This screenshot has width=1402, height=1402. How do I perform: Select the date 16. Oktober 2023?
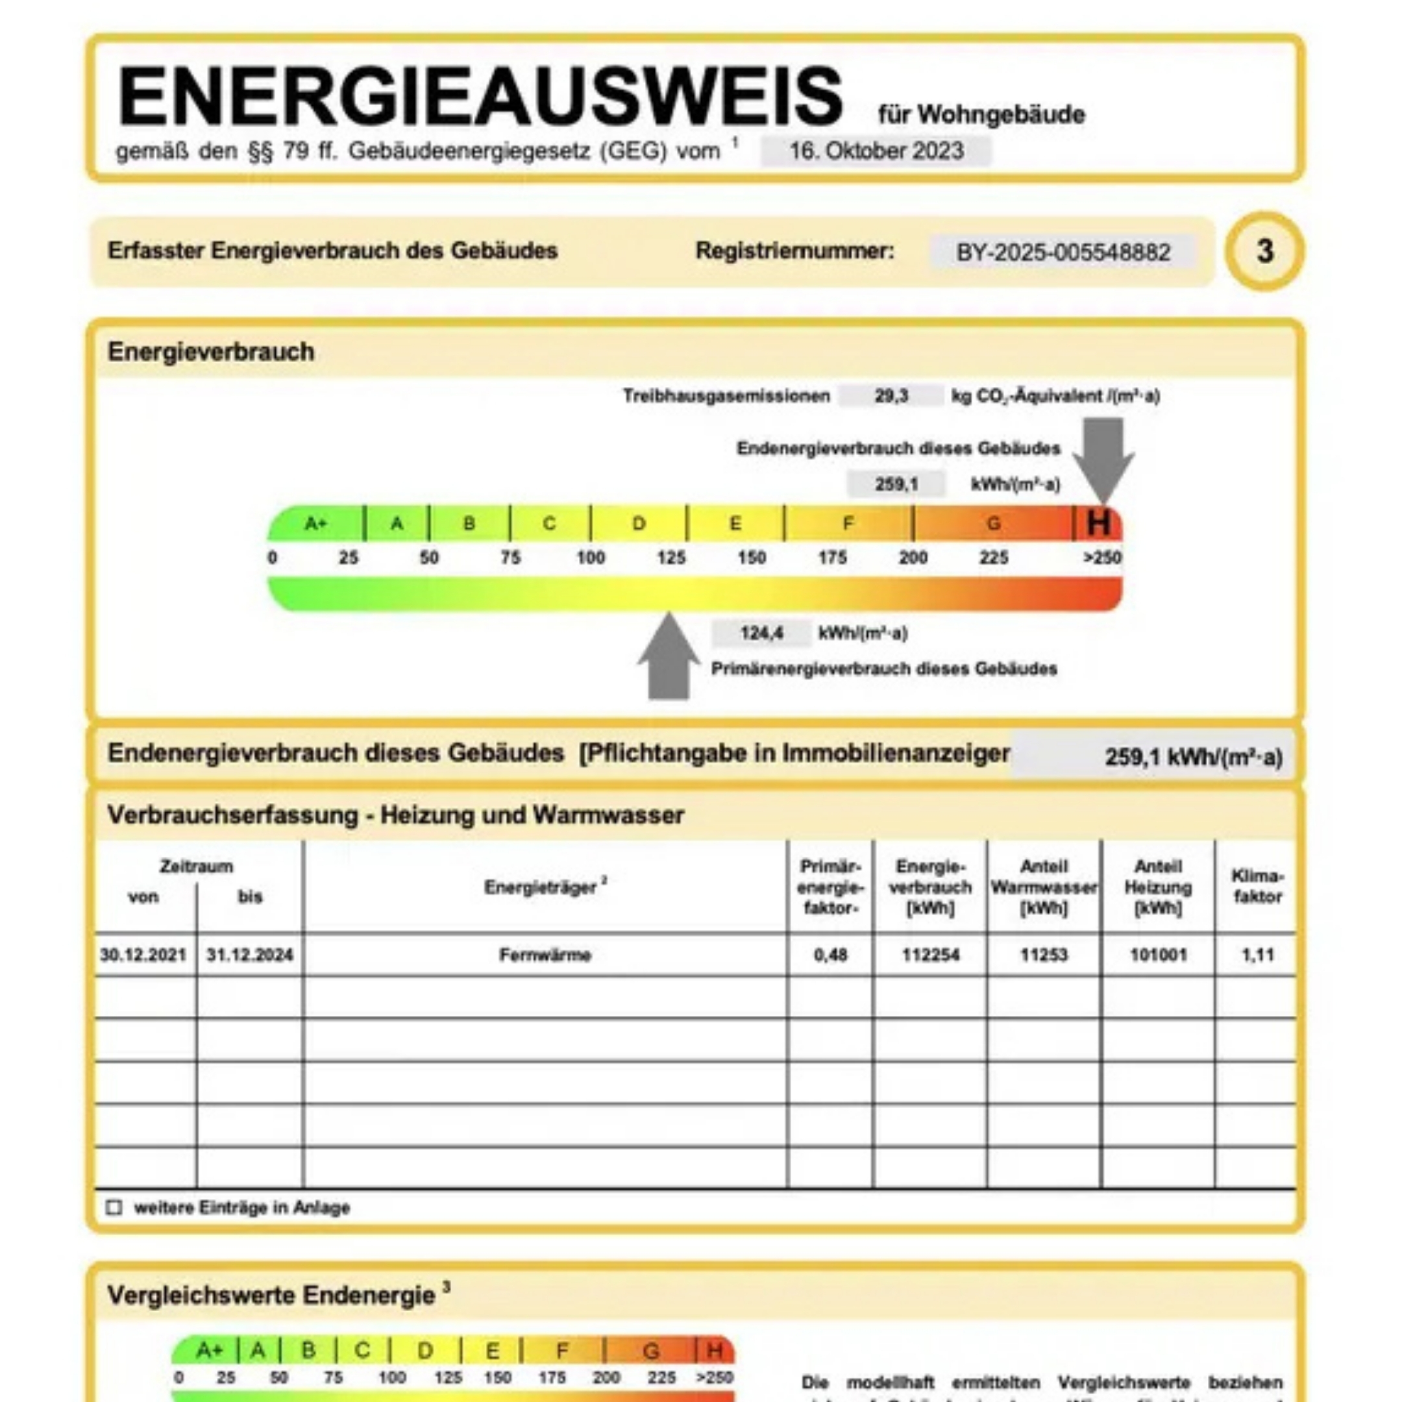click(876, 151)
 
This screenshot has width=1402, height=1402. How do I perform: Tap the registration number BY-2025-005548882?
click(1063, 252)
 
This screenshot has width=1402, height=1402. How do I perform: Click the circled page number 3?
click(1265, 251)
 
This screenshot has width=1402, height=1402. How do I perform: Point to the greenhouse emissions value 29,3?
click(891, 396)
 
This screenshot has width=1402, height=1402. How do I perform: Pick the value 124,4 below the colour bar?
click(761, 633)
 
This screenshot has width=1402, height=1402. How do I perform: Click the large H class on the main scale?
click(1098, 523)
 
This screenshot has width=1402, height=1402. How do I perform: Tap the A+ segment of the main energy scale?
click(315, 523)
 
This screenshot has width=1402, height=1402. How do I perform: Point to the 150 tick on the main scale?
click(752, 558)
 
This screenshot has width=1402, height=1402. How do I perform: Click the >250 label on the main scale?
click(1102, 558)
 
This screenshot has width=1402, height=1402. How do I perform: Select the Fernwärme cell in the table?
click(545, 955)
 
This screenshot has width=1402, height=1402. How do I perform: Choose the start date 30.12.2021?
click(143, 955)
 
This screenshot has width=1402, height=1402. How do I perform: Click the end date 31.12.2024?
click(250, 955)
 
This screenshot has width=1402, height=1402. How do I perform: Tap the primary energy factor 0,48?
click(830, 955)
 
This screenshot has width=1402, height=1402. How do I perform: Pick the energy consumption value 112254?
click(930, 955)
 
